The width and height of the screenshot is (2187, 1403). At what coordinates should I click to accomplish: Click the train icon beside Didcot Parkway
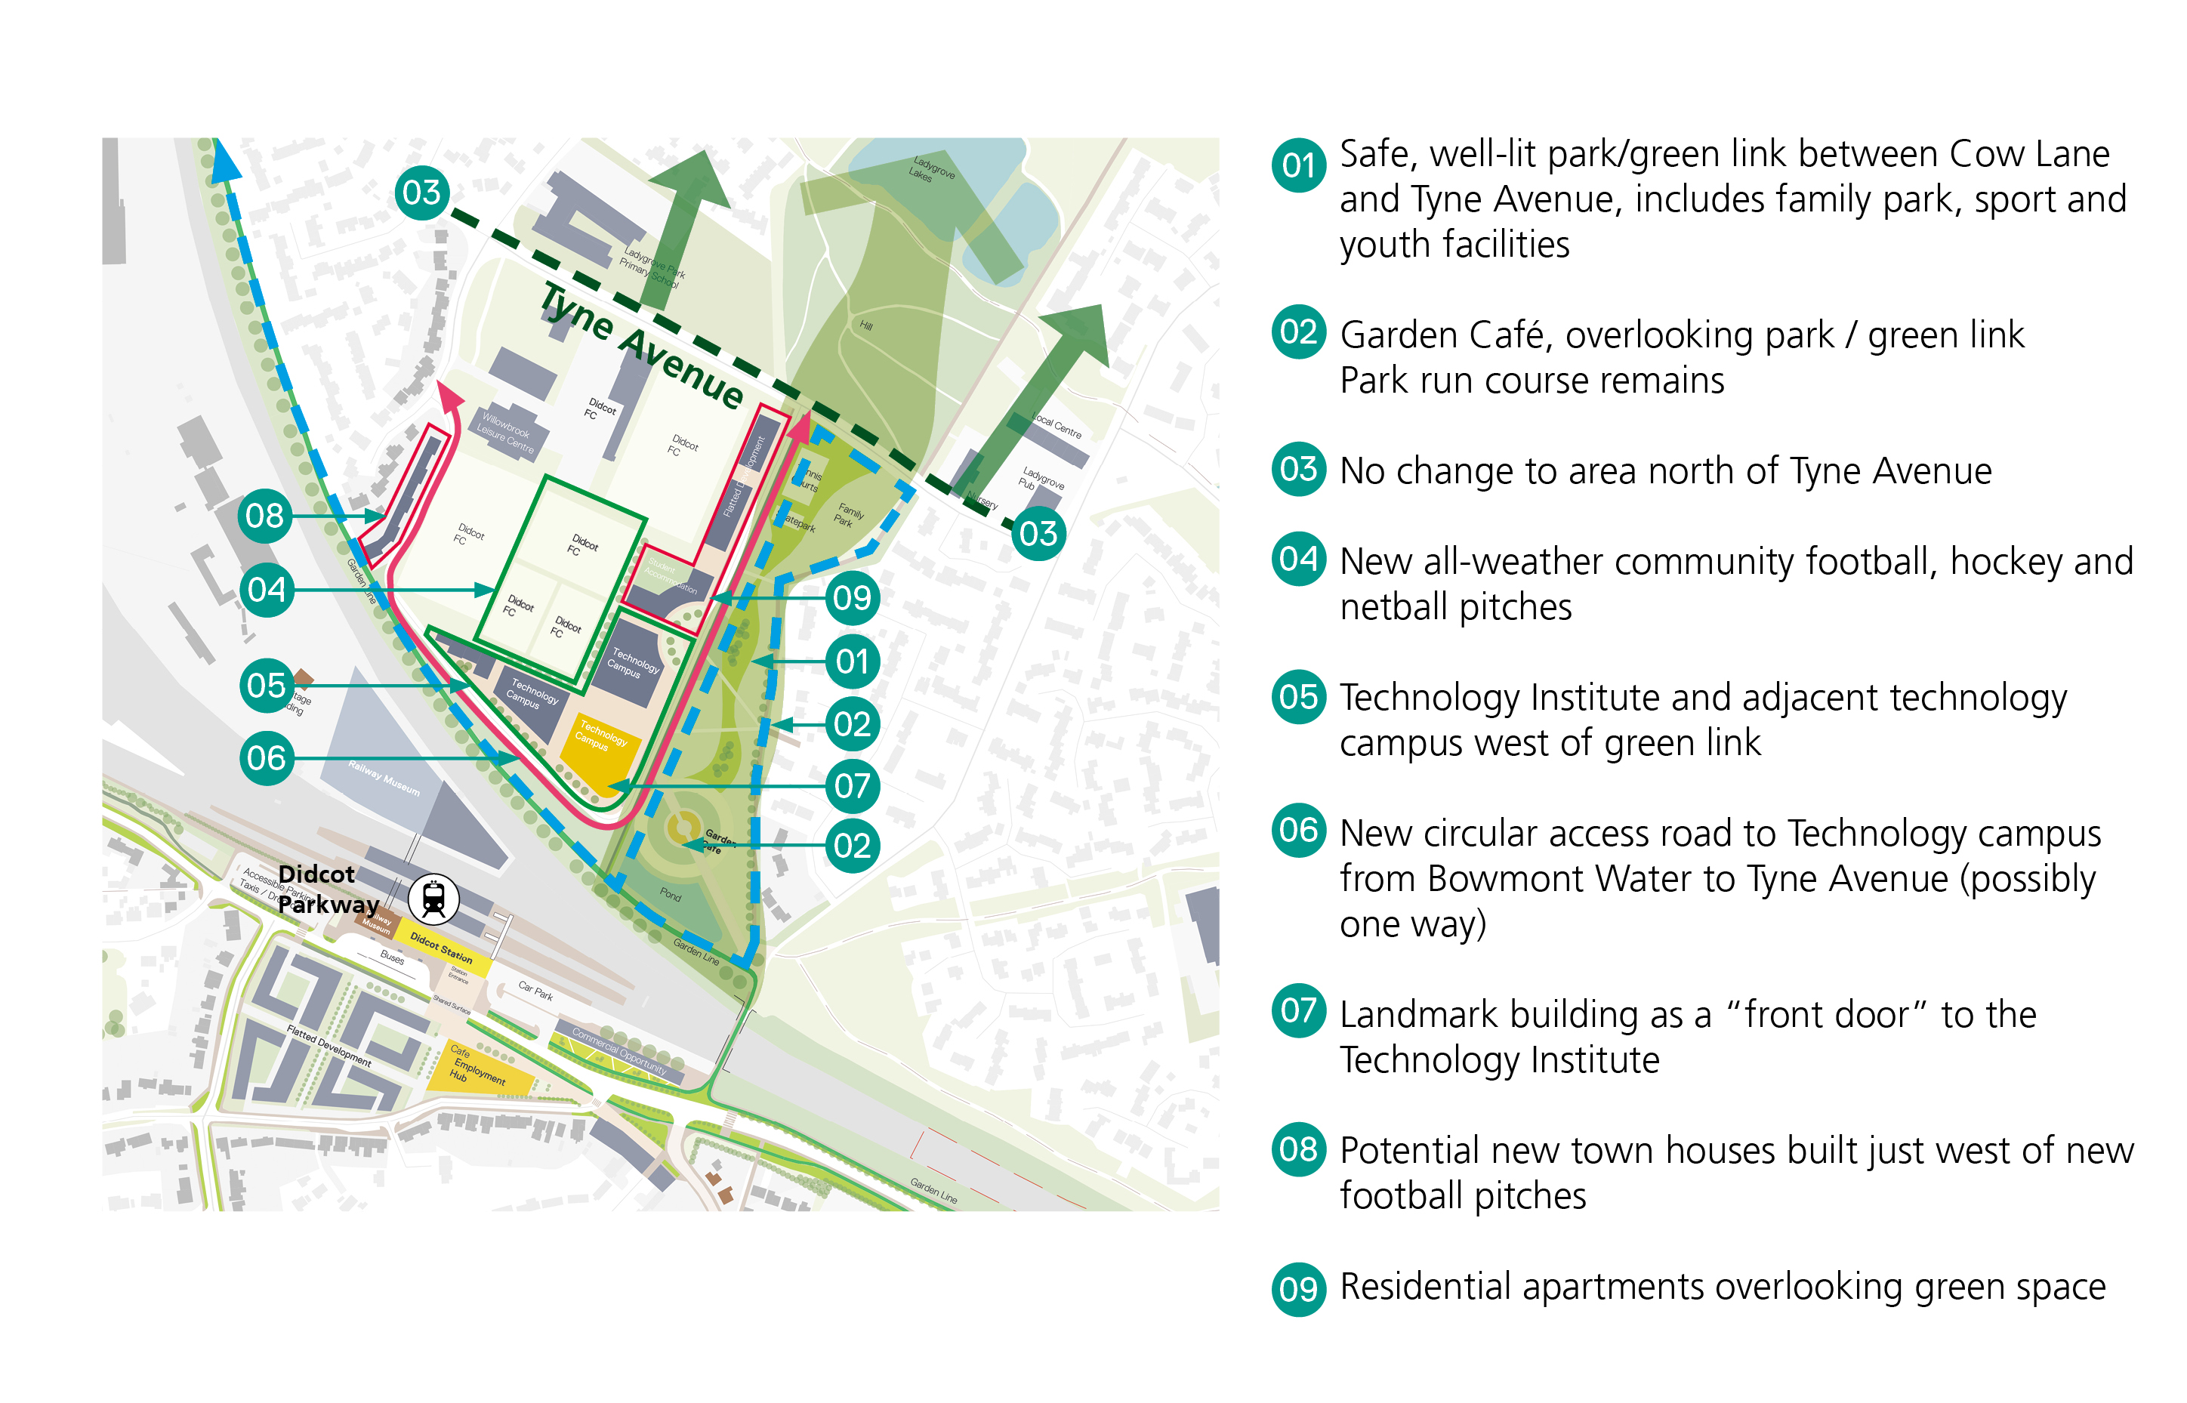[x=433, y=899]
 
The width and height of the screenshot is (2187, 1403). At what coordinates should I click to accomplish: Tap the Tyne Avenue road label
[x=642, y=346]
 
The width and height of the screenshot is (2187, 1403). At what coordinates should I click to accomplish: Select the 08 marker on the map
[x=264, y=516]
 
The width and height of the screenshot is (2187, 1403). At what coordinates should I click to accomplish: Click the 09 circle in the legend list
[x=1297, y=1288]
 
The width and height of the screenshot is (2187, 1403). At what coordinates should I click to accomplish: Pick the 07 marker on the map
[x=852, y=785]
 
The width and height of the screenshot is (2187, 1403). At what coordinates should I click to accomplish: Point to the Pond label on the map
[x=671, y=895]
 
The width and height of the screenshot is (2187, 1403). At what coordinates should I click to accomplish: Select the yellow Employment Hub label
[x=477, y=1071]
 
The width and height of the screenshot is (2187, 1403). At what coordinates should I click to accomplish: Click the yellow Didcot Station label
[x=441, y=948]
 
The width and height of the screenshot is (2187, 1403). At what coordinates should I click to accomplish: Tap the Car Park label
[x=535, y=990]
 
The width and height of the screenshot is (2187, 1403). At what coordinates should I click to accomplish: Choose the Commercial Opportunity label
[x=619, y=1050]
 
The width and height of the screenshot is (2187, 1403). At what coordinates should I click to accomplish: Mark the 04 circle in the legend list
[x=1297, y=559]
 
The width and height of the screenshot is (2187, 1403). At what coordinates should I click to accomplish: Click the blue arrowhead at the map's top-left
[x=224, y=162]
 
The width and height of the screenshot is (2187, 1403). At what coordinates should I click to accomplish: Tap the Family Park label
[x=848, y=516]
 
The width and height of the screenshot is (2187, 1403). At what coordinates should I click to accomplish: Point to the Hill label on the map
[x=865, y=325]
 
